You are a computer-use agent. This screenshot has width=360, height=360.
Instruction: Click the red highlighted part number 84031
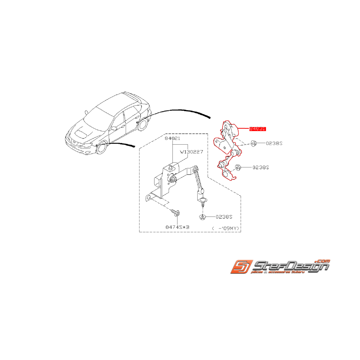pyautogui.click(x=258, y=129)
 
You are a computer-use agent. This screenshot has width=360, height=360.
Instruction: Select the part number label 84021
pyautogui.click(x=172, y=138)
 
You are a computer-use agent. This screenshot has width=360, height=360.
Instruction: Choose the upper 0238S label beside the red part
pyautogui.click(x=274, y=143)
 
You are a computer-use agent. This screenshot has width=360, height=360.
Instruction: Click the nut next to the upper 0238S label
pyautogui.click(x=253, y=143)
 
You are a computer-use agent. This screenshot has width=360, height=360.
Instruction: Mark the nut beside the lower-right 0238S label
pyautogui.click(x=239, y=167)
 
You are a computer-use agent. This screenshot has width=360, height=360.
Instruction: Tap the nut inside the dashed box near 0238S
pyautogui.click(x=203, y=217)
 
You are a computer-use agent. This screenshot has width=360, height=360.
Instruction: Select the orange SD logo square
pyautogui.click(x=242, y=267)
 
